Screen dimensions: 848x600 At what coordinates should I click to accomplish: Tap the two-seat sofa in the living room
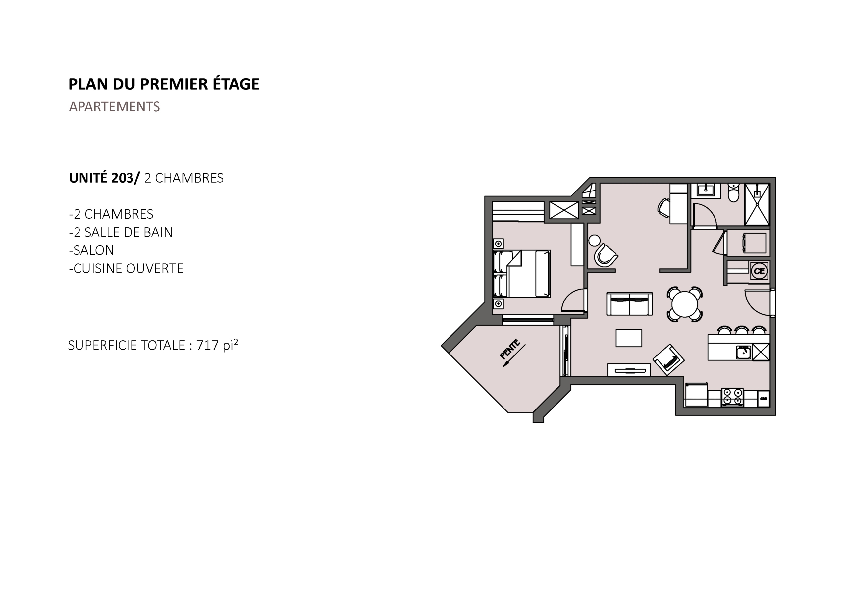(x=629, y=304)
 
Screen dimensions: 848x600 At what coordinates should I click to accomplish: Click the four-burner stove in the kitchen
(x=732, y=397)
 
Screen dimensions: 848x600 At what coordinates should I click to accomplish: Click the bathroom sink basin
(x=706, y=190)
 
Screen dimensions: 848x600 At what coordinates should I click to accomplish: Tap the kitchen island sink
(x=743, y=352)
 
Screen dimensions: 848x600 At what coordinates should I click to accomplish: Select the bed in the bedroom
(x=522, y=274)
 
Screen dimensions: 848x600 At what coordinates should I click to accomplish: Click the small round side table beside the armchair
(x=594, y=241)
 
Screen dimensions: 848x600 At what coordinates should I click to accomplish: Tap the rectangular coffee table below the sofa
(x=629, y=338)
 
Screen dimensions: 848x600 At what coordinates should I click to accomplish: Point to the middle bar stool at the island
(x=742, y=330)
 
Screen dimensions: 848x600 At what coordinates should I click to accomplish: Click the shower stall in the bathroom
(x=757, y=204)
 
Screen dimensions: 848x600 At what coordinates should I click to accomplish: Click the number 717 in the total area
(x=208, y=345)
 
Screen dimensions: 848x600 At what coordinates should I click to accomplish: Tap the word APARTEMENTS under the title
(x=115, y=106)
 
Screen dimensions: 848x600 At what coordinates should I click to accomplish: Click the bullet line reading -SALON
(x=91, y=250)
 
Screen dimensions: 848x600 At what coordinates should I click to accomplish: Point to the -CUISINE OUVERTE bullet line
(x=126, y=268)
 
